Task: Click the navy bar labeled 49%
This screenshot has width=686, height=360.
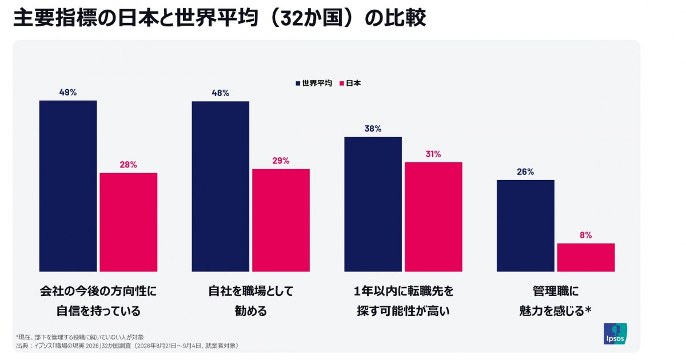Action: coord(68,186)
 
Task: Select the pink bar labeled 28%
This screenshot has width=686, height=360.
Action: coord(129,222)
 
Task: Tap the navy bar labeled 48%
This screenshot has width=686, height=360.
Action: coord(221,186)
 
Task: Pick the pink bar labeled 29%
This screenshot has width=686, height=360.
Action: coord(281,220)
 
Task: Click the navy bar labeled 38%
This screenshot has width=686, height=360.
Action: coord(373,204)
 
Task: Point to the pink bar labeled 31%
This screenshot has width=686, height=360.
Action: coord(433,217)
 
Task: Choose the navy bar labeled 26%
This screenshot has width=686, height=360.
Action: coord(525,226)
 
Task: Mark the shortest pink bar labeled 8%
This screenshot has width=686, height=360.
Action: coord(586,258)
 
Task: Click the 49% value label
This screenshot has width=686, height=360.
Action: coord(68,92)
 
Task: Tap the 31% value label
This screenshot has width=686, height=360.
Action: coord(433,154)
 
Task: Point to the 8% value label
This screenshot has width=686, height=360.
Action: coord(585,235)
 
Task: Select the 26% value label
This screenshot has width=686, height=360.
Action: coord(525,172)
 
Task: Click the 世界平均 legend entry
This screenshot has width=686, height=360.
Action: coord(314,83)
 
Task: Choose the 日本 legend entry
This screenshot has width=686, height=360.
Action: coord(350,83)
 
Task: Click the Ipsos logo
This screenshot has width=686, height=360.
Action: coord(615,333)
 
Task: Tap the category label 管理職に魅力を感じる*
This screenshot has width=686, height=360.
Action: coord(556,301)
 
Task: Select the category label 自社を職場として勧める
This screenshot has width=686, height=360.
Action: coord(251,301)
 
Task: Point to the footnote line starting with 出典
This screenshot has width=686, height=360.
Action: coord(127,346)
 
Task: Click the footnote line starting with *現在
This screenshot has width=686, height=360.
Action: coord(80,337)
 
